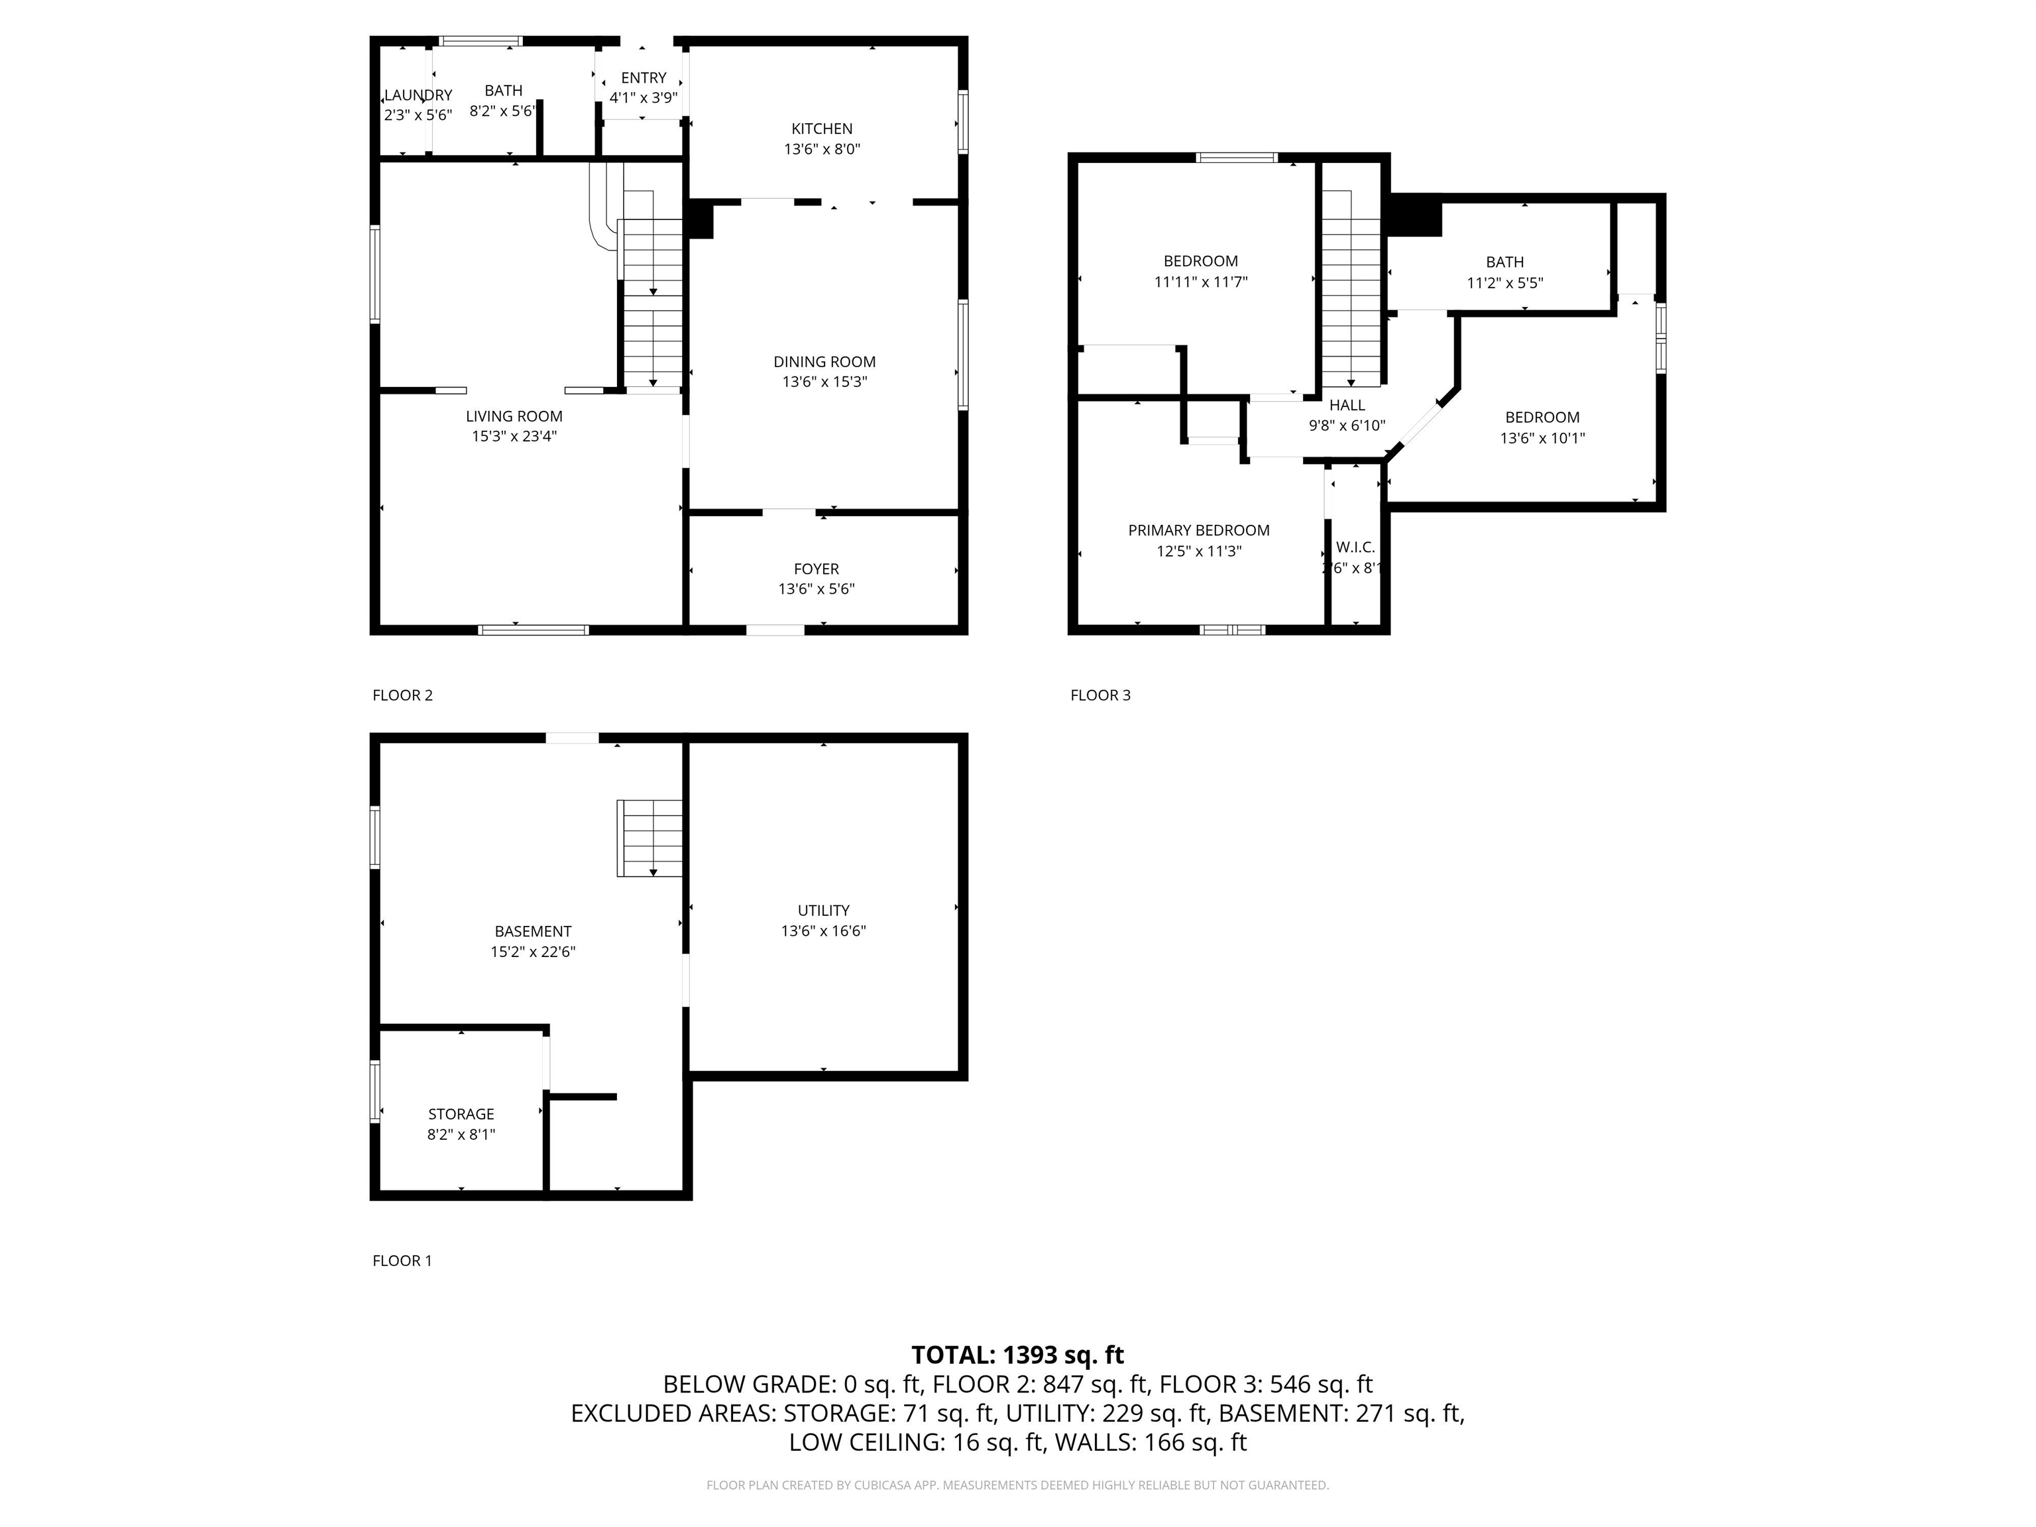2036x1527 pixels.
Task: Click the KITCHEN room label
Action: click(822, 129)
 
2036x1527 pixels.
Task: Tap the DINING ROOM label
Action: click(824, 362)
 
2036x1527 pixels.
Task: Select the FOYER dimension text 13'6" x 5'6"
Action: click(817, 589)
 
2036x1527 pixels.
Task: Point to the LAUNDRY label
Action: click(418, 95)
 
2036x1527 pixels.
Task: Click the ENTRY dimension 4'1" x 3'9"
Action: click(644, 97)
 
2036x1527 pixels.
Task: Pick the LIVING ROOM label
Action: click(514, 416)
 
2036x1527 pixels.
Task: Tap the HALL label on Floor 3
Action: click(1347, 405)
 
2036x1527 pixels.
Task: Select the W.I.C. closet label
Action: click(1355, 547)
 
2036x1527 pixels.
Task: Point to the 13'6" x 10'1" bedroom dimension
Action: click(1543, 438)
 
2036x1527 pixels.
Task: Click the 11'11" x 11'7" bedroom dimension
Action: click(1200, 282)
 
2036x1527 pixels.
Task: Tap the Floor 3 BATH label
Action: click(1505, 262)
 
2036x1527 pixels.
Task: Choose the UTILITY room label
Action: click(823, 911)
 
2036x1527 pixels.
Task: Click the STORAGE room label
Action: click(461, 1113)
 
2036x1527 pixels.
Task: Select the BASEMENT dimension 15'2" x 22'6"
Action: click(533, 952)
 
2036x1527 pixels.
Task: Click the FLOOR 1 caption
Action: click(402, 1261)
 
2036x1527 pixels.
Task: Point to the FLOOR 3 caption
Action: click(1100, 695)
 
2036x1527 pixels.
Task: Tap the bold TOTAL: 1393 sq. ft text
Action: click(1017, 1355)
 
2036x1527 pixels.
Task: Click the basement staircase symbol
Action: click(650, 838)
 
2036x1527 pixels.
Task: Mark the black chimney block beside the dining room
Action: click(699, 219)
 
